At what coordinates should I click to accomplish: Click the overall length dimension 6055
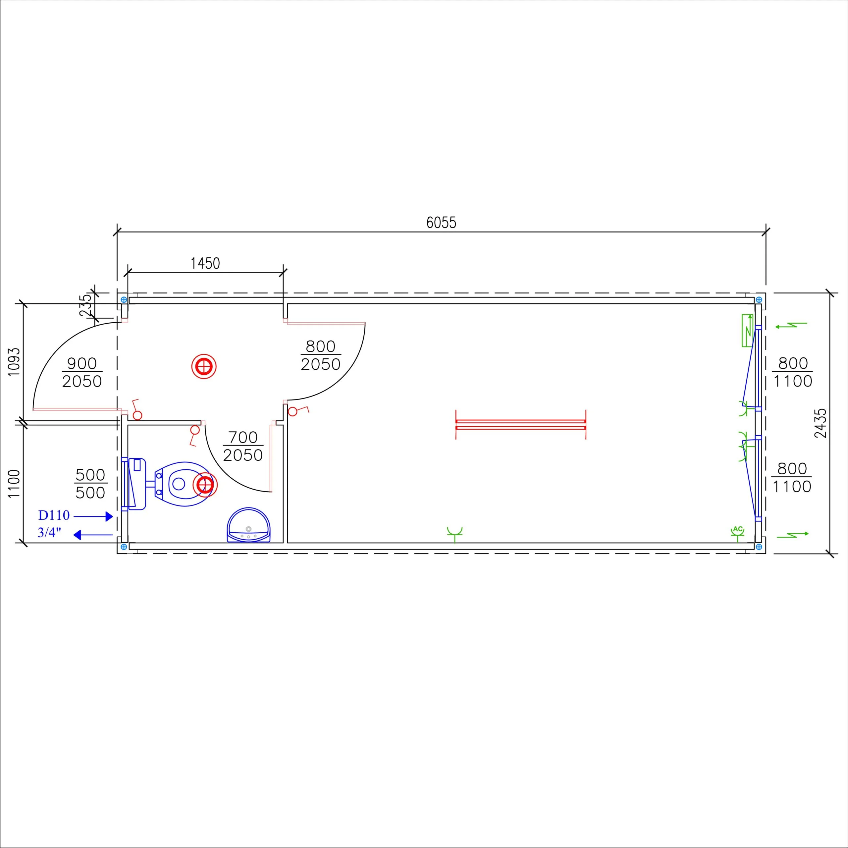(441, 223)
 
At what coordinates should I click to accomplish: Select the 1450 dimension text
(205, 263)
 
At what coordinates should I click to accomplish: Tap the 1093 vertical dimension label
(14, 362)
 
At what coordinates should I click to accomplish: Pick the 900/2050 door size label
(82, 373)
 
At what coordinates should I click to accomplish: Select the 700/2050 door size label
(243, 447)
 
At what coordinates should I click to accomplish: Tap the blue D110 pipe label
(54, 515)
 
